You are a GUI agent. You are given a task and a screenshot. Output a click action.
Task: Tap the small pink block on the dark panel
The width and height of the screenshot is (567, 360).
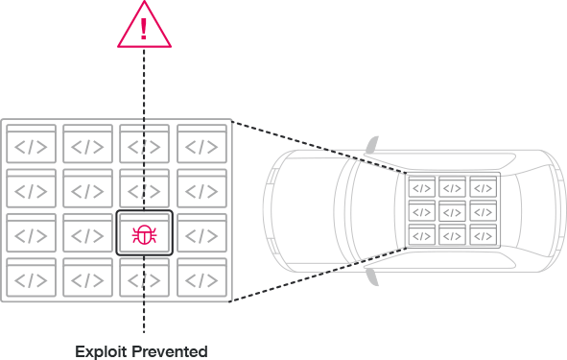point(154,234)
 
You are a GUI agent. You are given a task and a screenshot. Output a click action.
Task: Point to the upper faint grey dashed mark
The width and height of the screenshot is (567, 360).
point(273,178)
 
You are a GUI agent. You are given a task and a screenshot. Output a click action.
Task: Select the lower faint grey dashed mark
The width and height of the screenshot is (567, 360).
point(274,246)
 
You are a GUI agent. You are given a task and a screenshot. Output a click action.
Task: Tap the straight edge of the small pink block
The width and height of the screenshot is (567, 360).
point(166,234)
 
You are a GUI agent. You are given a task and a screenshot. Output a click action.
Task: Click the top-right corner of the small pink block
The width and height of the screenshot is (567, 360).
point(166,225)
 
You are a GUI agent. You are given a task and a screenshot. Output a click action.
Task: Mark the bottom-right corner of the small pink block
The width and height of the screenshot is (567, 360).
point(166,244)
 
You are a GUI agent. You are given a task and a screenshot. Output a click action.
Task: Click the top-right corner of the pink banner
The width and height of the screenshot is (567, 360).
point(565,1)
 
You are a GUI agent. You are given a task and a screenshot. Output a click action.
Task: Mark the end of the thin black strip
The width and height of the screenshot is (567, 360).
point(141,1)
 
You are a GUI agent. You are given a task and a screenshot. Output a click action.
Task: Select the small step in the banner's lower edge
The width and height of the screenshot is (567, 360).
point(142,48)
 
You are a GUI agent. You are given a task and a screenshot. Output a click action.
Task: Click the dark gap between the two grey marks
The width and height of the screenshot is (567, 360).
point(274,211)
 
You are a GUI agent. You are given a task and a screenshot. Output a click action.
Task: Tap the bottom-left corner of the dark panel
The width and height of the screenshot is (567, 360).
point(1,358)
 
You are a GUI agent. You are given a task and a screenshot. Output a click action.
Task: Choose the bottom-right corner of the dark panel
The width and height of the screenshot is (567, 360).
point(565,358)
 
